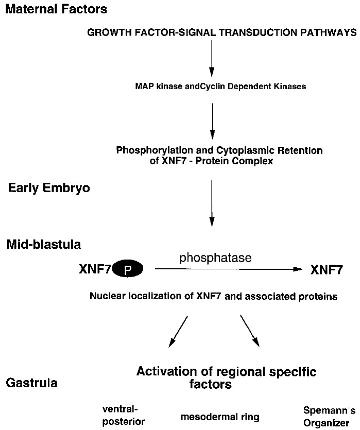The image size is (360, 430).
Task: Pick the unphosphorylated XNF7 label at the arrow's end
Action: click(327, 269)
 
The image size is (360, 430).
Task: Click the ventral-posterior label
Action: click(123, 415)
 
